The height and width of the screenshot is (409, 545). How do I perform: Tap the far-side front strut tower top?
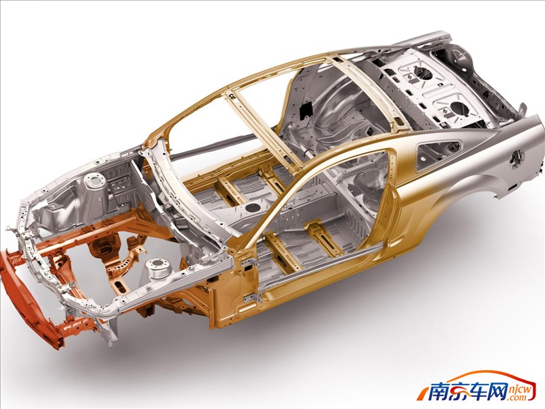click(95, 181)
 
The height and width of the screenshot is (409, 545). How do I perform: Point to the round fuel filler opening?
click(516, 157)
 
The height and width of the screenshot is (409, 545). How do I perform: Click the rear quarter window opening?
click(439, 153)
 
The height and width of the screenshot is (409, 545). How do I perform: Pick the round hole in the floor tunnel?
click(253, 208)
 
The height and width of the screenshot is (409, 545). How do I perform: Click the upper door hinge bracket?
click(247, 264)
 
